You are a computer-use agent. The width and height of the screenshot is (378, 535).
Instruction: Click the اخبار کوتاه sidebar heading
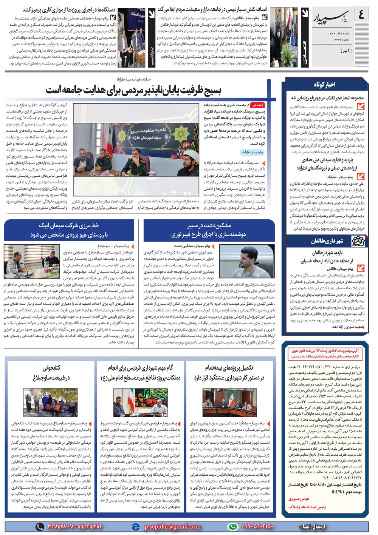point(324,85)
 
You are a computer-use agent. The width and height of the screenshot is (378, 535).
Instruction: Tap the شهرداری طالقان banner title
point(327,241)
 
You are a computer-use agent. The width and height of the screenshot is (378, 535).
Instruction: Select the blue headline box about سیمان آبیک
point(69,230)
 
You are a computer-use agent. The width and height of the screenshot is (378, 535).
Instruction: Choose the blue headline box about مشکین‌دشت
point(209,230)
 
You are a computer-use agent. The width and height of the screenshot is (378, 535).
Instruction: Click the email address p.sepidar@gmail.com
point(172,526)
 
